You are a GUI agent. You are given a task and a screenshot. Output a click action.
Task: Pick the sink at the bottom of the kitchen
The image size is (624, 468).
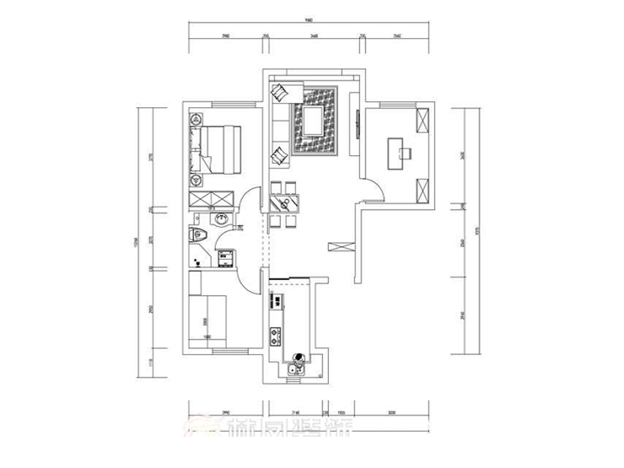[x=296, y=368]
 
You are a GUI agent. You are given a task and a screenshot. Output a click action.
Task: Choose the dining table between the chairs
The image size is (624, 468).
[x=284, y=202]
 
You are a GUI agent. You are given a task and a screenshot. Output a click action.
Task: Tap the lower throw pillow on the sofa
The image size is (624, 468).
[x=278, y=155]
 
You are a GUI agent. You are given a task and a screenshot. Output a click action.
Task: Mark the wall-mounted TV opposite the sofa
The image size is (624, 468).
[x=358, y=122]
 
